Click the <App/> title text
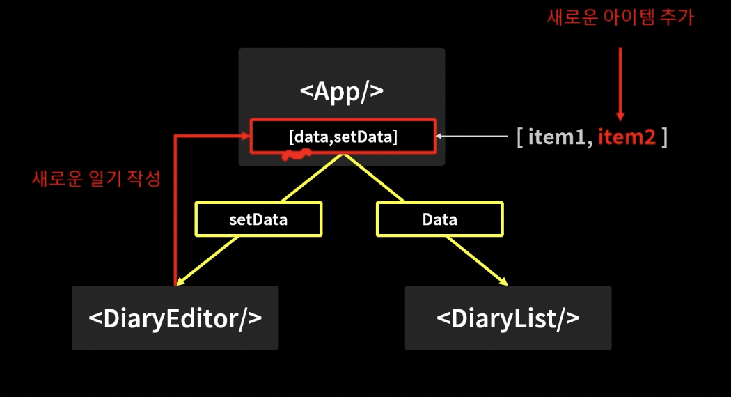pyautogui.click(x=341, y=92)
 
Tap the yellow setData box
pyautogui.click(x=258, y=219)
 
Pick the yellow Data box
pyautogui.click(x=439, y=219)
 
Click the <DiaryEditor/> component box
pyautogui.click(x=175, y=318)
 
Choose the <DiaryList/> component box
pyautogui.click(x=508, y=318)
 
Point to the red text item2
pyautogui.click(x=627, y=137)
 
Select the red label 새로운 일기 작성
pyautogui.click(x=96, y=179)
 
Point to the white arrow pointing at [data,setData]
pyautogui.click(x=441, y=137)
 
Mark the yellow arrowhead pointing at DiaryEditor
pyautogui.click(x=180, y=282)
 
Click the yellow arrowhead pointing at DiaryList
pyautogui.click(x=503, y=281)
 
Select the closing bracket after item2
pyautogui.click(x=666, y=137)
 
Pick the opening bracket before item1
pyautogui.click(x=519, y=137)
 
